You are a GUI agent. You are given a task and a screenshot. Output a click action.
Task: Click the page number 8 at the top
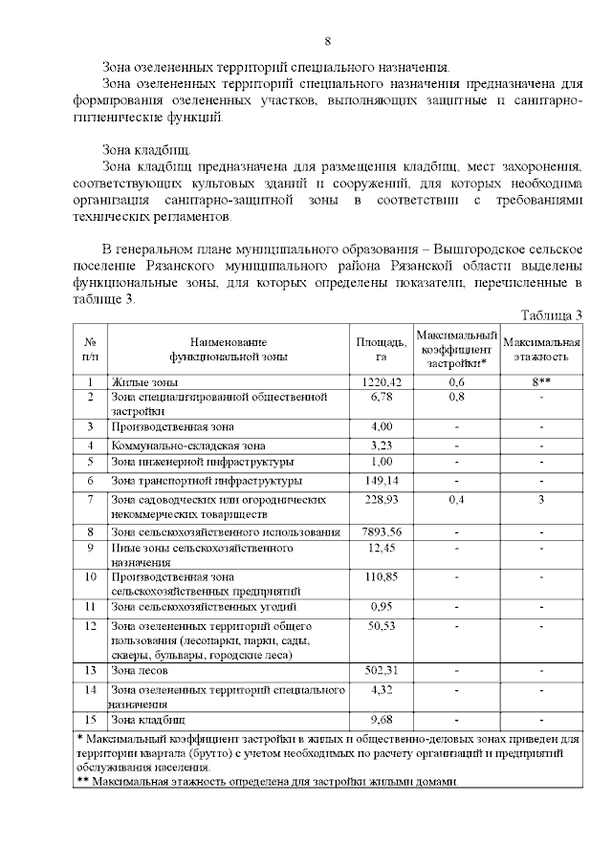coord(328,41)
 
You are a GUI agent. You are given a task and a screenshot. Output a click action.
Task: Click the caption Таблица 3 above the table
coord(552,315)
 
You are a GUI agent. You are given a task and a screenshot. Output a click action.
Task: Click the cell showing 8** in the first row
coord(541,381)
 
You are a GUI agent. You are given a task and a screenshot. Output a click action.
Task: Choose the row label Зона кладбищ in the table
coord(149,719)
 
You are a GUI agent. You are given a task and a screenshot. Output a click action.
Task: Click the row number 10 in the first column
coord(91,576)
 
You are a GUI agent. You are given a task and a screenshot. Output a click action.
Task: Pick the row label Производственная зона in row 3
coord(172,426)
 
